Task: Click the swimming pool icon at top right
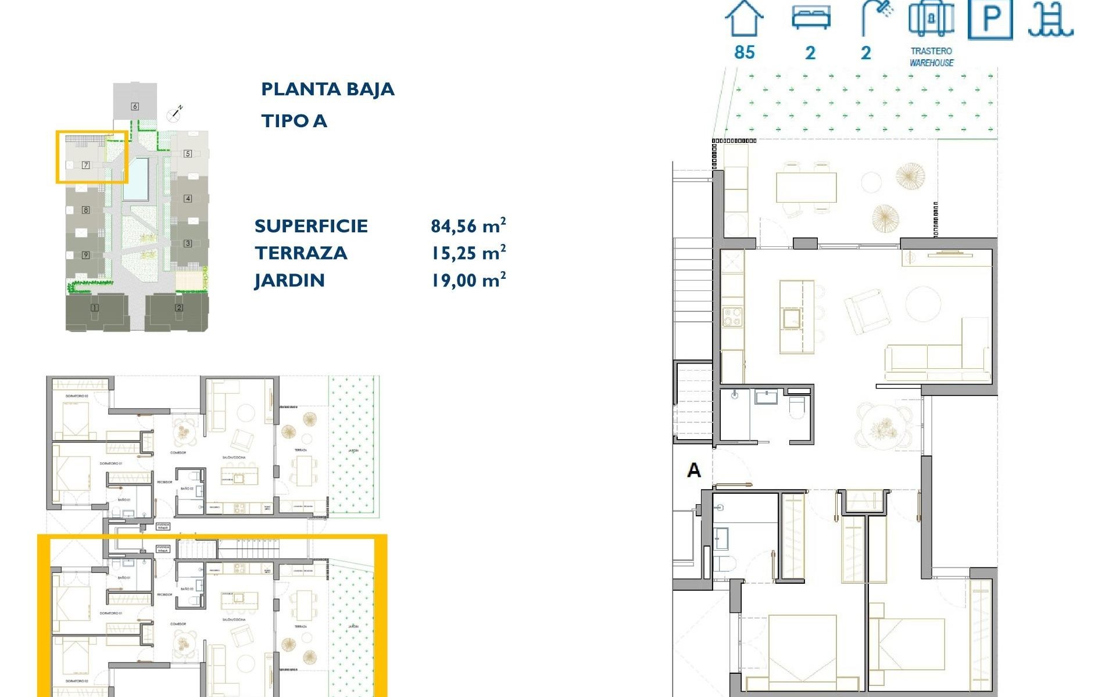pyautogui.click(x=1050, y=20)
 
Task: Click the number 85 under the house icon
pyautogui.click(x=744, y=52)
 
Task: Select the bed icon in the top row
pyautogui.click(x=811, y=18)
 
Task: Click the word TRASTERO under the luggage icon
pyautogui.click(x=931, y=51)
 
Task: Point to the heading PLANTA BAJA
pyautogui.click(x=327, y=89)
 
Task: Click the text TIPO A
pyautogui.click(x=294, y=121)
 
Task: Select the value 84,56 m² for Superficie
pyautogui.click(x=468, y=225)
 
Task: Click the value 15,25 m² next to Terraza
pyautogui.click(x=468, y=253)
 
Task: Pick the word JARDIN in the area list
pyautogui.click(x=289, y=281)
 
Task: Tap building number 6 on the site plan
pyautogui.click(x=135, y=106)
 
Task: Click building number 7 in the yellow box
pyautogui.click(x=85, y=165)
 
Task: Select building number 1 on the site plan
pyautogui.click(x=94, y=308)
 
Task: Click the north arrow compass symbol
pyautogui.click(x=174, y=113)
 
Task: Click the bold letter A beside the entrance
pyautogui.click(x=693, y=470)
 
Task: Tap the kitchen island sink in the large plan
pyautogui.click(x=791, y=319)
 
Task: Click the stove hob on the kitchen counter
pyautogui.click(x=732, y=318)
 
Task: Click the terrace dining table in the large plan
pyautogui.click(x=806, y=187)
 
